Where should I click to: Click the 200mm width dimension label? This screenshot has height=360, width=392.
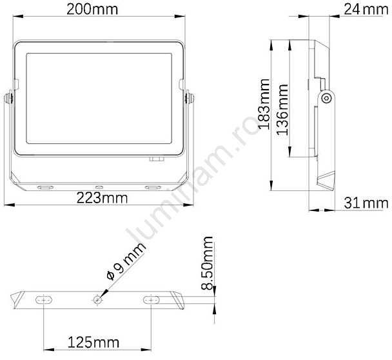point(92,10)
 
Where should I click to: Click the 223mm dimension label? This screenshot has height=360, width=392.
point(102,198)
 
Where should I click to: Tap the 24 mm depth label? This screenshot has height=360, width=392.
point(366,10)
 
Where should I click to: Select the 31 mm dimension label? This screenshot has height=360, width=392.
point(366,203)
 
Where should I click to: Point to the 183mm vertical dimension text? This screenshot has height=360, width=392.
point(264,104)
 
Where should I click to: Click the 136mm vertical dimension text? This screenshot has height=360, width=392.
point(282,110)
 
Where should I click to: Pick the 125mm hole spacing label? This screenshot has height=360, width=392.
point(93,342)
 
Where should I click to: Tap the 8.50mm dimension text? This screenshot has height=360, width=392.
point(207,263)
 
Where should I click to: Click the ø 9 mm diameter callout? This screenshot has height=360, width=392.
point(126,261)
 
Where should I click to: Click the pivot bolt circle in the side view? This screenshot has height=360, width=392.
point(326,98)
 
